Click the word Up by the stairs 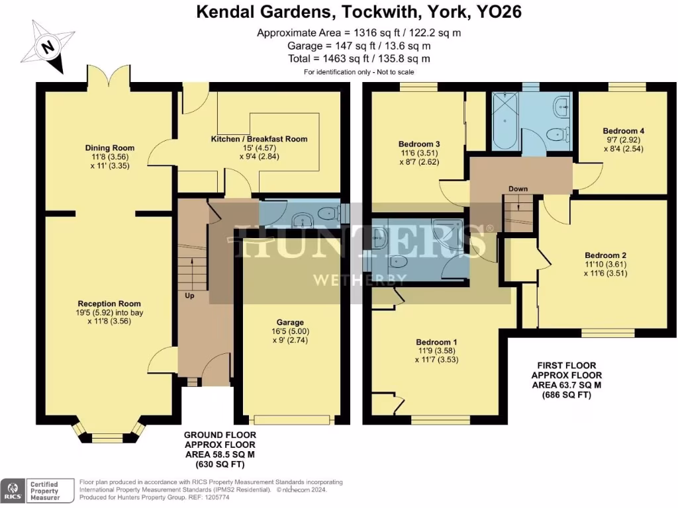(189, 296)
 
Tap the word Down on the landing (518, 189)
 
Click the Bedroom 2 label (605, 255)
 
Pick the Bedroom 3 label (419, 144)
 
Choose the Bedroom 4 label (623, 131)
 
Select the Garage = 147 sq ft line (359, 46)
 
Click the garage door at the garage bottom (292, 419)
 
